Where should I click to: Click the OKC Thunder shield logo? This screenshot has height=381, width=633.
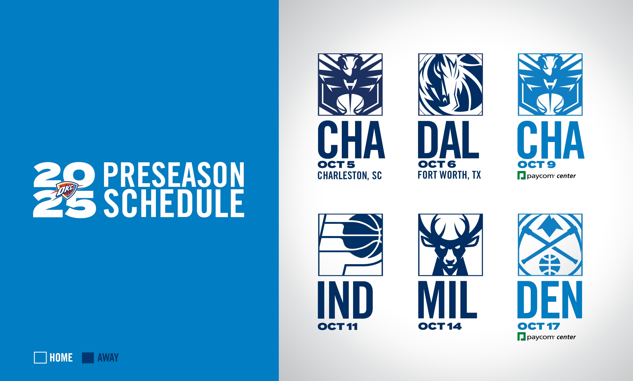tap(67, 190)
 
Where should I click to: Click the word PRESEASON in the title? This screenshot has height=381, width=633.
tap(173, 175)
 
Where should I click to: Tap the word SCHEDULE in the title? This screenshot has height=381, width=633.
tap(174, 203)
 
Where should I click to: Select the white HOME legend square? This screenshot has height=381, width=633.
tap(40, 358)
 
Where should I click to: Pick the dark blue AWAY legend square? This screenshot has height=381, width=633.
tap(88, 358)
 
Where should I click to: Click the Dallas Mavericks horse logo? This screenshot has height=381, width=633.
tap(450, 84)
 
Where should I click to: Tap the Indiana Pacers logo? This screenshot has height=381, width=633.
tap(350, 245)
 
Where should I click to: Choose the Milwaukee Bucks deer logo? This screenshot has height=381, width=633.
tap(450, 245)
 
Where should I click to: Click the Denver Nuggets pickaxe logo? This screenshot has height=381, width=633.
tap(550, 245)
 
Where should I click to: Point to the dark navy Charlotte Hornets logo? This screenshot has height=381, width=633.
tap(350, 84)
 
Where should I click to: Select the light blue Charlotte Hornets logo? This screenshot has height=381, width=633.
tap(550, 84)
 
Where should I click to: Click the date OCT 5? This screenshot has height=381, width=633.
tap(336, 165)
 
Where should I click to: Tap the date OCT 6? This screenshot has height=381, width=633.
tap(437, 164)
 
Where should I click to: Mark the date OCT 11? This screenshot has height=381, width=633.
tap(338, 327)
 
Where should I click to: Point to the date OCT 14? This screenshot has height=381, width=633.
tap(440, 326)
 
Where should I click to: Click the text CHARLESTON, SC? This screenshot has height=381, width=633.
tap(349, 176)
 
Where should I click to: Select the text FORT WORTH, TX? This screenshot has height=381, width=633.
tap(449, 175)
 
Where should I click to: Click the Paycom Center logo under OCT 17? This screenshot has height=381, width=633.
tap(546, 337)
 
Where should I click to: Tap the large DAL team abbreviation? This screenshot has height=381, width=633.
tap(449, 140)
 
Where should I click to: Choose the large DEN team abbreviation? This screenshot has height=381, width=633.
tap(550, 300)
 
